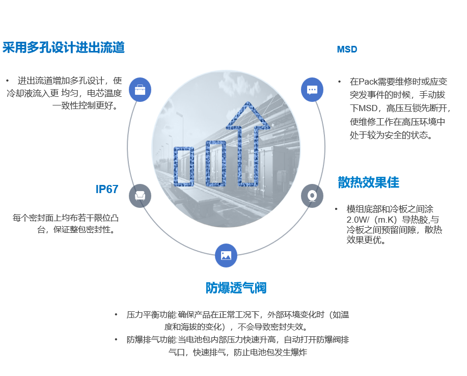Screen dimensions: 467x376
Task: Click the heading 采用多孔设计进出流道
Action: click(64, 48)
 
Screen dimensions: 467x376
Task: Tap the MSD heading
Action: click(347, 49)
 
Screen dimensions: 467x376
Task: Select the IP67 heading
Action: click(107, 189)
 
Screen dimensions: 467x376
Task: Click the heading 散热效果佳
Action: click(368, 182)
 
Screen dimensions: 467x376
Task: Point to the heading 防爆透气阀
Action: click(236, 288)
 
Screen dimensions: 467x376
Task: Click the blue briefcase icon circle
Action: click(140, 89)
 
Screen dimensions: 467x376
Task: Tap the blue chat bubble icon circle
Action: click(312, 89)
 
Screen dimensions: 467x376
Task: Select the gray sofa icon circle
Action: click(140, 196)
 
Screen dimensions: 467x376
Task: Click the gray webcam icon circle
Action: click(312, 196)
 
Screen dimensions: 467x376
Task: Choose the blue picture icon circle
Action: click(226, 256)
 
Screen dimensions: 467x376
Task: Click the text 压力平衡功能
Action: click(151, 315)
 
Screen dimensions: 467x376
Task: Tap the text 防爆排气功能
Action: click(151, 340)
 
